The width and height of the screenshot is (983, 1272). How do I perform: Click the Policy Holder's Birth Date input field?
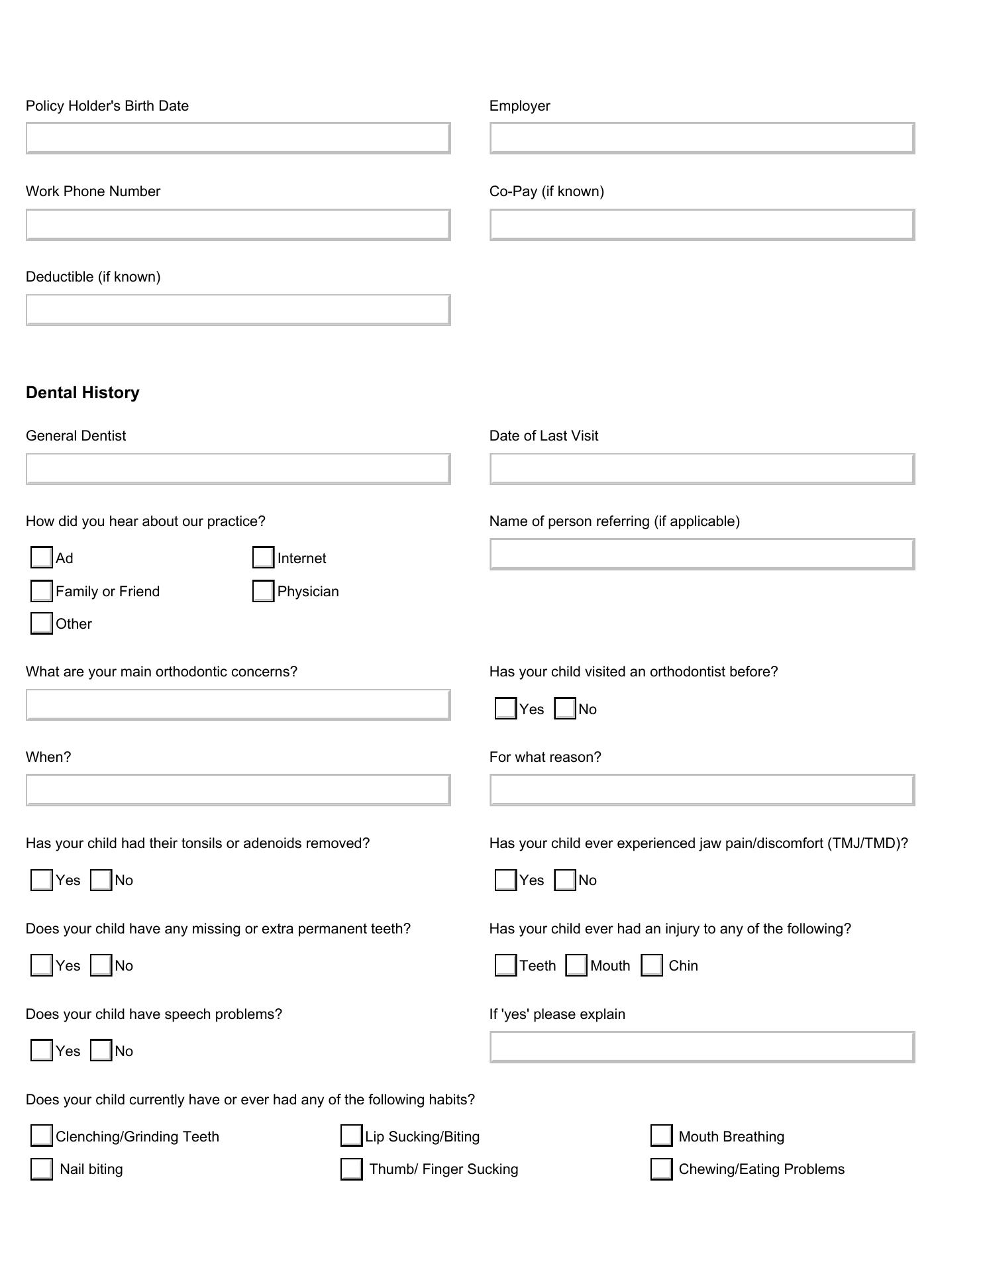pyautogui.click(x=238, y=138)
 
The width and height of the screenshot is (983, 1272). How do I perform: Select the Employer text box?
pyautogui.click(x=702, y=138)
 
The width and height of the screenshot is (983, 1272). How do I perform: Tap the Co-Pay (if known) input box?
pyautogui.click(x=702, y=225)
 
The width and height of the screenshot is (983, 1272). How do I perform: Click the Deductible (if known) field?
pyautogui.click(x=238, y=310)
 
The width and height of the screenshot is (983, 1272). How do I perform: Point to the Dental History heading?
pyautogui.click(x=83, y=393)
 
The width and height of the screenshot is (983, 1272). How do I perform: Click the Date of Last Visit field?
pyautogui.click(x=702, y=469)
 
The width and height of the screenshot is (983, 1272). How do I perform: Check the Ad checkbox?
pyautogui.click(x=42, y=557)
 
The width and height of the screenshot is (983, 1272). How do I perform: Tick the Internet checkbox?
pyautogui.click(x=264, y=557)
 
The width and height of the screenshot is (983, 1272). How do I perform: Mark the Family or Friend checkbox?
pyautogui.click(x=42, y=590)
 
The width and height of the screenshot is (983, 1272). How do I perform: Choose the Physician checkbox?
pyautogui.click(x=264, y=590)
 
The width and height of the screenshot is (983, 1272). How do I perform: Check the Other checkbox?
pyautogui.click(x=42, y=623)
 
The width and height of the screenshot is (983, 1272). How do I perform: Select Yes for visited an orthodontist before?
pyautogui.click(x=506, y=708)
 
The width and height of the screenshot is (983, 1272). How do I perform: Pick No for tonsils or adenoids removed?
pyautogui.click(x=101, y=880)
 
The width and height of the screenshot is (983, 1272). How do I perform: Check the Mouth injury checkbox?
pyautogui.click(x=577, y=965)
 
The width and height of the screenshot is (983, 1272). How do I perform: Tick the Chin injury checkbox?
pyautogui.click(x=652, y=965)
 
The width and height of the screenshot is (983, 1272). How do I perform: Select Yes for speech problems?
pyautogui.click(x=42, y=1050)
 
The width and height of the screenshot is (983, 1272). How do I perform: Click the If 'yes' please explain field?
pyautogui.click(x=702, y=1047)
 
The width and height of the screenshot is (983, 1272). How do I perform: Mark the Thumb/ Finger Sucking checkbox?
pyautogui.click(x=352, y=1169)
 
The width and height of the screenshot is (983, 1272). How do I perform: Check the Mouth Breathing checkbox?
pyautogui.click(x=662, y=1136)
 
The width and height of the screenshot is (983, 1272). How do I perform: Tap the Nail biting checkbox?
pyautogui.click(x=42, y=1169)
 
